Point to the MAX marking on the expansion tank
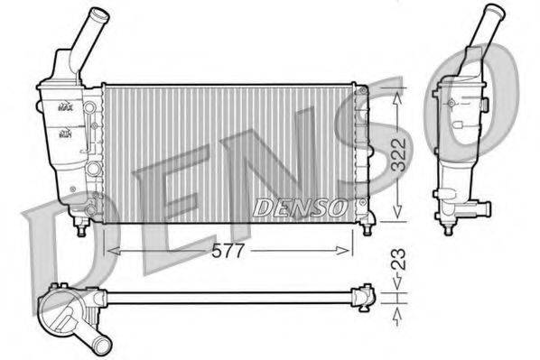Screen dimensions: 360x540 pos(66,106)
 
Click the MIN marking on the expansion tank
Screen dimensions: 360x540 pos(66,134)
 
